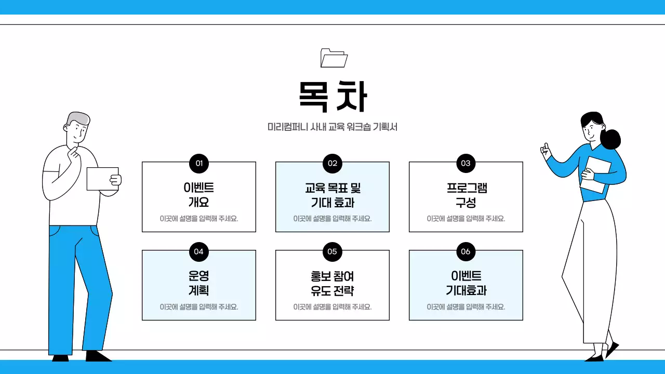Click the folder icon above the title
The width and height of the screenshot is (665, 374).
tap(334, 58)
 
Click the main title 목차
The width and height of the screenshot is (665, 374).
tap(332, 96)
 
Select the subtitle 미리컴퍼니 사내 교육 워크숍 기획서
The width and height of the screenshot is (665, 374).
tap(332, 127)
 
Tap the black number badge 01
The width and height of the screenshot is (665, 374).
tap(198, 163)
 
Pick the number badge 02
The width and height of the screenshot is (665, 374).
tap(332, 163)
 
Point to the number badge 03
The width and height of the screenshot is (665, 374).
tap(465, 163)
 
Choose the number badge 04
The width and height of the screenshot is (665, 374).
tap(198, 251)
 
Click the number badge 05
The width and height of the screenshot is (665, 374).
tap(332, 251)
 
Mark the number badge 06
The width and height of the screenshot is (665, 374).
tap(465, 251)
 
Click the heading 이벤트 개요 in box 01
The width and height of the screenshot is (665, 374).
tap(198, 195)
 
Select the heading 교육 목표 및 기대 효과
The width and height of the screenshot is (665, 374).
tap(332, 195)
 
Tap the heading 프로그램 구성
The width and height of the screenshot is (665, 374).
tap(465, 195)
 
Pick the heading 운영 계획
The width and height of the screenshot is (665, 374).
tap(198, 283)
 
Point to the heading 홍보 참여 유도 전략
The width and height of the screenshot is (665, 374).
tap(332, 283)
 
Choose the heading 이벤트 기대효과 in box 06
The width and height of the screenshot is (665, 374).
tap(465, 283)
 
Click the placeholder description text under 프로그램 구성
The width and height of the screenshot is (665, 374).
tap(465, 219)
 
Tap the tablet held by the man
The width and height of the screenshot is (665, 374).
tap(102, 179)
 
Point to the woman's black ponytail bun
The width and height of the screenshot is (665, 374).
tap(611, 139)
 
